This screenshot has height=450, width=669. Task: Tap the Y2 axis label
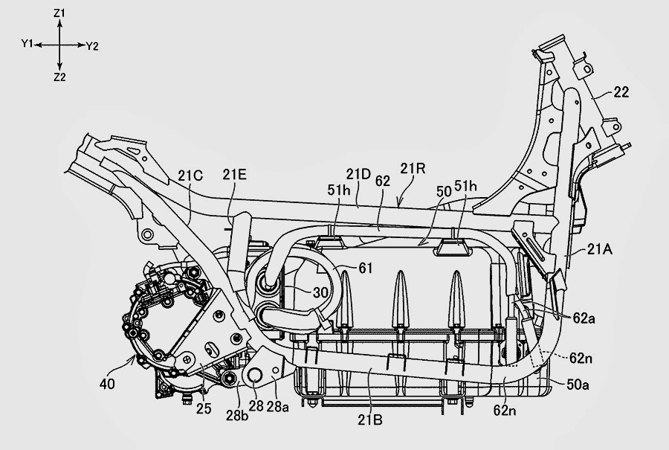(x=92, y=46)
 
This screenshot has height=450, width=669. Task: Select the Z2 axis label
(x=60, y=77)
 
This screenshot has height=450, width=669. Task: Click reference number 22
(x=621, y=92)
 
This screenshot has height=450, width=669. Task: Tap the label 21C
(x=190, y=176)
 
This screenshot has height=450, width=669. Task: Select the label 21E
(x=234, y=176)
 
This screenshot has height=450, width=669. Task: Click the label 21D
(x=358, y=173)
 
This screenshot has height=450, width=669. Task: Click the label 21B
(x=368, y=421)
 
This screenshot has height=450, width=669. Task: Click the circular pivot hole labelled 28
(x=252, y=379)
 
